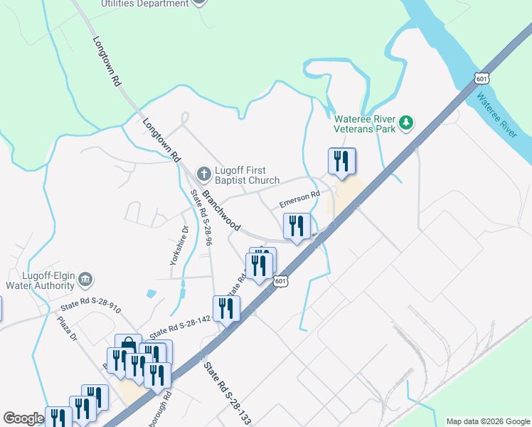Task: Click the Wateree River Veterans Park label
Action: [x=366, y=124]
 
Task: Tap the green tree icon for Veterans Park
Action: [x=406, y=123]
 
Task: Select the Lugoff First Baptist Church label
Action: [x=248, y=175]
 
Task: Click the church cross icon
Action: [x=203, y=174]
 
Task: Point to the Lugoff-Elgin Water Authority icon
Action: [x=85, y=278]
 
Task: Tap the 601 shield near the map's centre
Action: [x=281, y=281]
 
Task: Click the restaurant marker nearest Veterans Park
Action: [x=342, y=162]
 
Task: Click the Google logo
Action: [x=23, y=418]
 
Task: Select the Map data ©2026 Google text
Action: [x=487, y=421]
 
